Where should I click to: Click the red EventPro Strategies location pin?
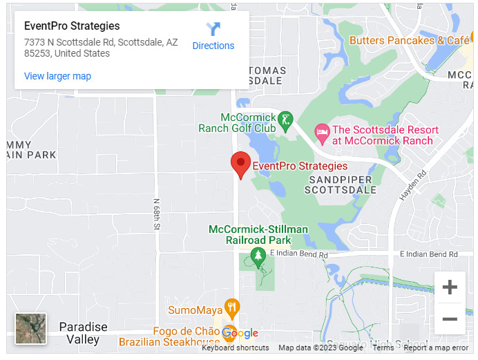tap(240, 164)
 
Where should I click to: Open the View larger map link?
tap(57, 76)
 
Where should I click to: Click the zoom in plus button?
tap(449, 287)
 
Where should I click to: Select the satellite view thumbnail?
tap(31, 328)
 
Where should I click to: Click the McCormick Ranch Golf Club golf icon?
tap(285, 122)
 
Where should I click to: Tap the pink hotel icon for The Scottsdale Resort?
tap(321, 131)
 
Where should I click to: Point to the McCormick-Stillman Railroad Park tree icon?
tap(258, 256)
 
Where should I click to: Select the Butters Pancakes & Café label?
tap(409, 40)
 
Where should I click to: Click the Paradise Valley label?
tap(83, 333)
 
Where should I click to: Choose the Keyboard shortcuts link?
tap(236, 348)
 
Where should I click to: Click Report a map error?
tap(436, 348)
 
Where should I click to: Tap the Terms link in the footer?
tap(383, 348)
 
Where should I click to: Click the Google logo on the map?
tap(240, 334)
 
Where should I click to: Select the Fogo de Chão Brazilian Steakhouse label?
tap(169, 336)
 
